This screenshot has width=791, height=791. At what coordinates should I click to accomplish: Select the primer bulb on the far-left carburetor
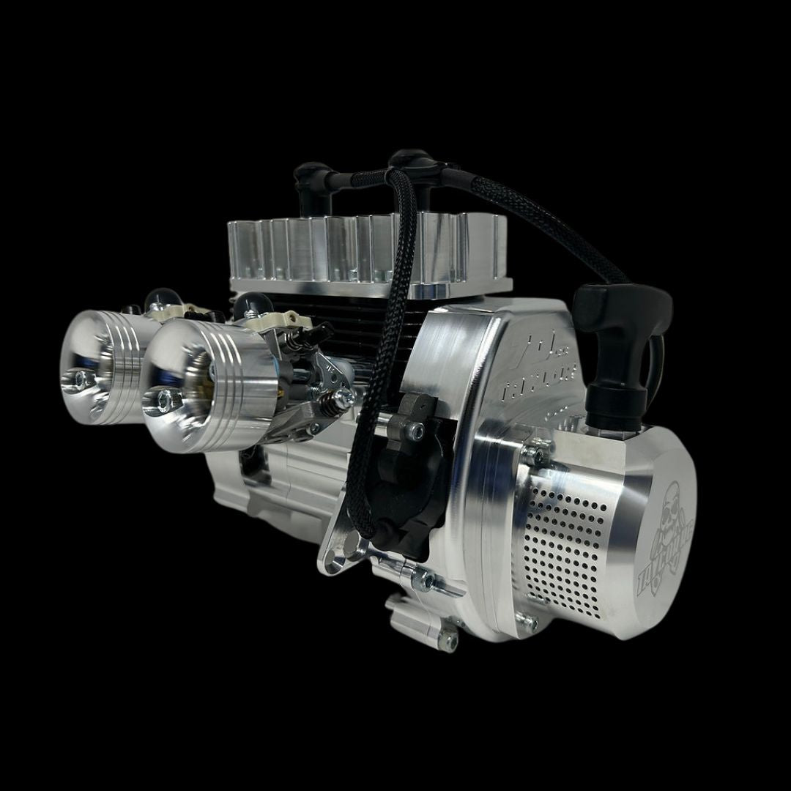155,298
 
